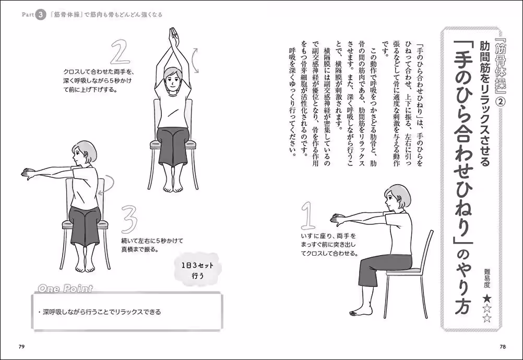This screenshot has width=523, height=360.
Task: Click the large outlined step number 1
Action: [309, 215]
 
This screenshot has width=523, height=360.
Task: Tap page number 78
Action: [502, 347]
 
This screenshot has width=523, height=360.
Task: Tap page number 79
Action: [21, 347]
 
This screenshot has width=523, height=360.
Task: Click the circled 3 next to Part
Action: [41, 15]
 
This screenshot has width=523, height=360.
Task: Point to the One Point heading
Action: [65, 289]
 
